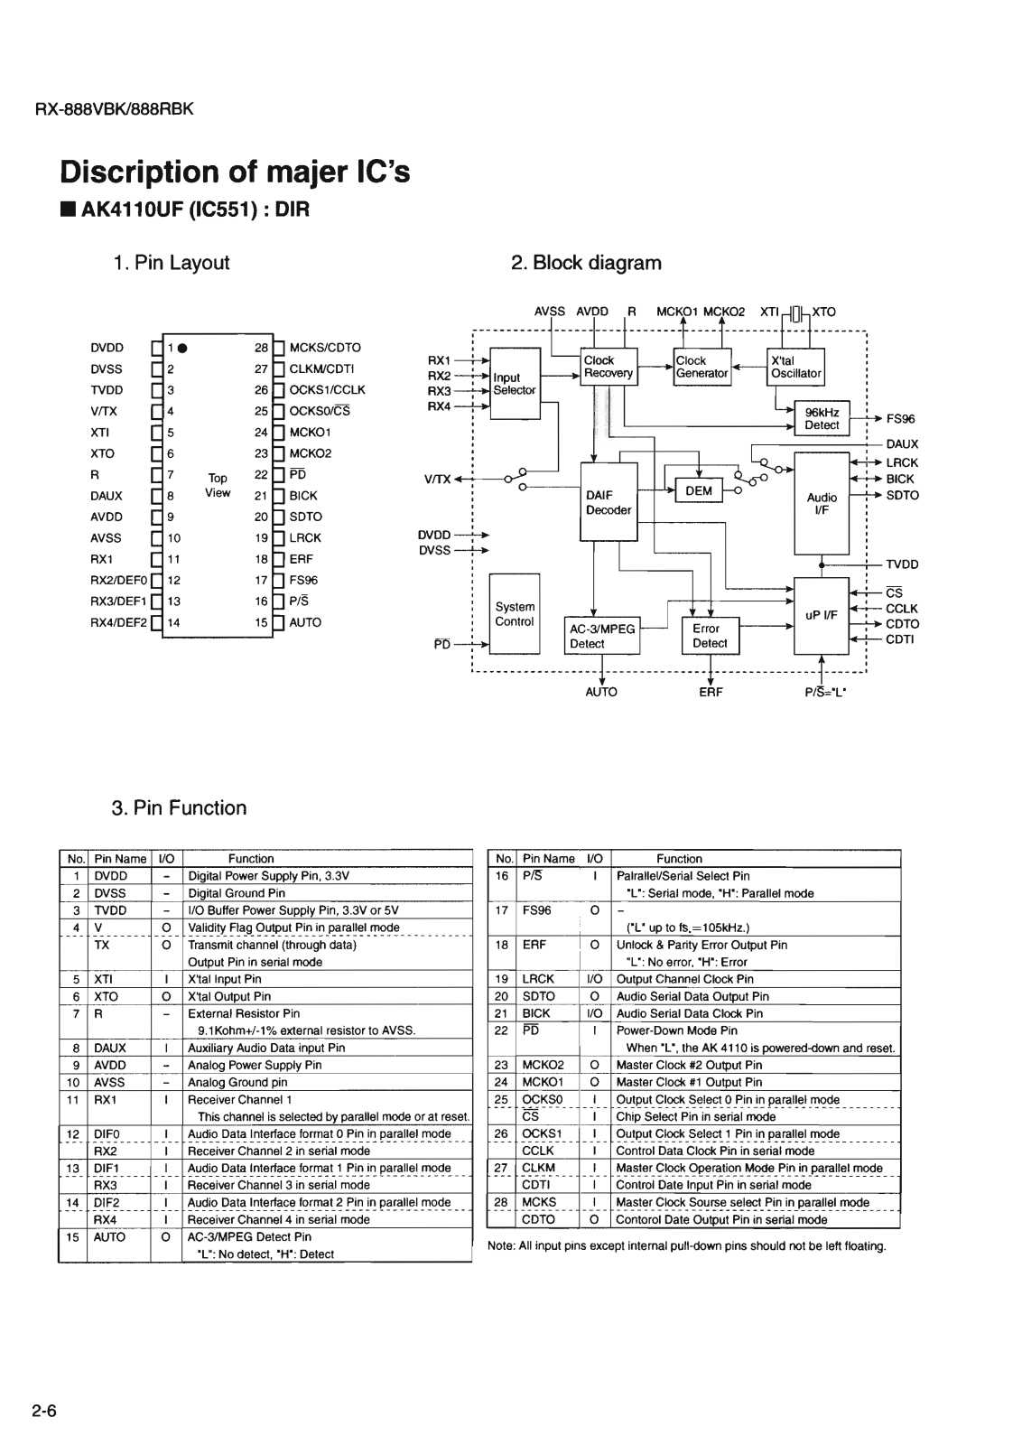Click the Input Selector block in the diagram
(x=514, y=384)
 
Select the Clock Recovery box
(x=609, y=367)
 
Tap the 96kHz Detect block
(x=822, y=419)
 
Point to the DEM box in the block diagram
(x=699, y=491)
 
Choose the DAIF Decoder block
(x=609, y=502)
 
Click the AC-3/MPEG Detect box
(x=602, y=636)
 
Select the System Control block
(x=515, y=614)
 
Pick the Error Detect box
(x=710, y=636)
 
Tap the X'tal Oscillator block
(x=795, y=367)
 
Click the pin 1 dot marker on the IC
(x=181, y=348)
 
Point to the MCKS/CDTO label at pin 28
(x=324, y=348)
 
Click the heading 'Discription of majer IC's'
(x=235, y=172)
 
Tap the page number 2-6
(x=45, y=1412)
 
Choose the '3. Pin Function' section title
(x=180, y=808)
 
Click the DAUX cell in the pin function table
(x=109, y=1048)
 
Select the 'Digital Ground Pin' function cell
(x=237, y=893)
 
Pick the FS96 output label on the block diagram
(x=900, y=419)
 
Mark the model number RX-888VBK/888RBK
(x=115, y=110)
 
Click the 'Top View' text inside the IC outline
(x=218, y=486)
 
